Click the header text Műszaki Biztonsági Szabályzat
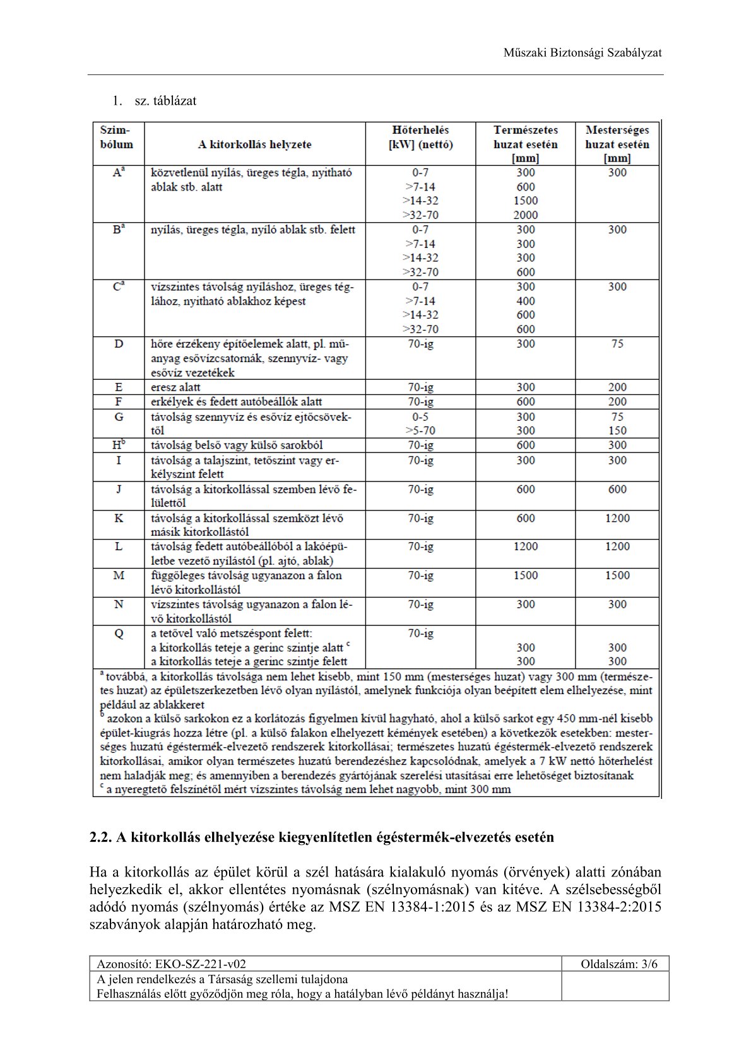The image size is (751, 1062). (x=582, y=53)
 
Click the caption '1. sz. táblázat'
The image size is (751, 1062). (x=155, y=101)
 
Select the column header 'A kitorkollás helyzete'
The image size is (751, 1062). (x=254, y=145)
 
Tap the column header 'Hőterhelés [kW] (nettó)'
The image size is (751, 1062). (x=420, y=137)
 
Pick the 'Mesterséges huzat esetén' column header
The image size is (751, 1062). (x=617, y=144)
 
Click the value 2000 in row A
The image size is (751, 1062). (x=525, y=215)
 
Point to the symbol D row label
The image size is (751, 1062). (x=119, y=345)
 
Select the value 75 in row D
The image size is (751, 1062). (x=617, y=344)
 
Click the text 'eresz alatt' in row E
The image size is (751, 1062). (x=175, y=387)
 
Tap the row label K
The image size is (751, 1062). (x=119, y=518)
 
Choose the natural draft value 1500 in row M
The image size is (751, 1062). (x=525, y=575)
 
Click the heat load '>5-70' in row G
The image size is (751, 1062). (x=420, y=431)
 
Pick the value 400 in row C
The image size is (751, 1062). (x=525, y=301)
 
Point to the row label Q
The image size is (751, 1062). (x=119, y=634)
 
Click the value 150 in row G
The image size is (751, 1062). (x=617, y=431)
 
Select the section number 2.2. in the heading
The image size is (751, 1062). (x=100, y=837)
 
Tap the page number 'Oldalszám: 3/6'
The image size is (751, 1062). (x=618, y=964)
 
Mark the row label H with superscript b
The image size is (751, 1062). (x=119, y=445)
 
